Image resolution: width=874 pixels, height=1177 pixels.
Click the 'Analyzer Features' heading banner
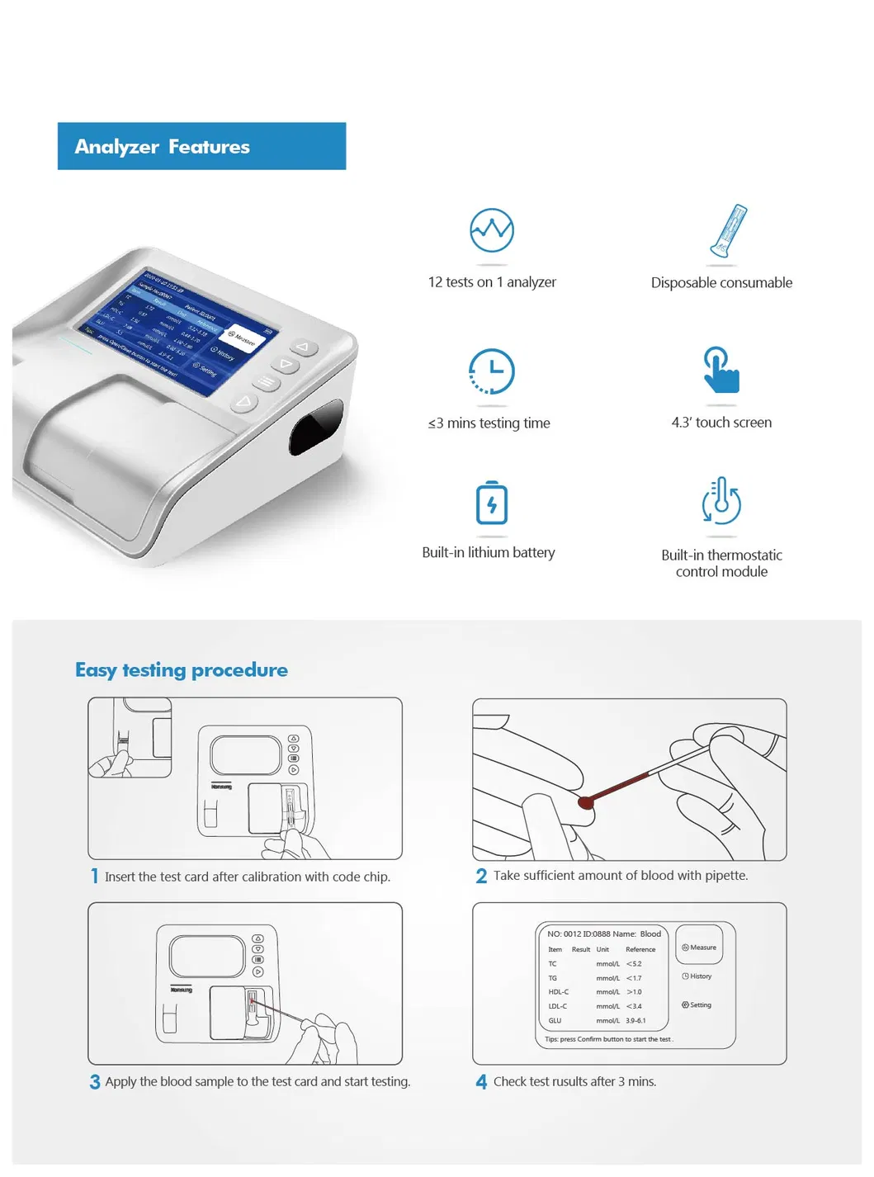pos(201,146)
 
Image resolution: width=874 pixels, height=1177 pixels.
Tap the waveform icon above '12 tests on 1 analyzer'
pos(492,230)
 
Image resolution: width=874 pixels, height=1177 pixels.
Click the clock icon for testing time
pos(492,371)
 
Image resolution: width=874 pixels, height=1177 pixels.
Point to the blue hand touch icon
pos(720,371)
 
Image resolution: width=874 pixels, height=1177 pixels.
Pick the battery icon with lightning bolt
pos(492,503)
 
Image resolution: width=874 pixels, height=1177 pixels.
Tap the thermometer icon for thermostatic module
pos(721,501)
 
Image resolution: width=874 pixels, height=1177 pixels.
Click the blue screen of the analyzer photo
pos(177,329)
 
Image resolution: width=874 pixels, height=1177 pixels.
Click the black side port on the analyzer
pos(315,427)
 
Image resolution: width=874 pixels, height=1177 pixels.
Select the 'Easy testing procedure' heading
pos(182,669)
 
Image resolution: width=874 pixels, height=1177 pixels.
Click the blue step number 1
pos(95,876)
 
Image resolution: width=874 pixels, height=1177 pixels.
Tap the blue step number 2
pos(481,876)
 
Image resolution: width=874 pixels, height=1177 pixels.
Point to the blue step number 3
pos(95,1081)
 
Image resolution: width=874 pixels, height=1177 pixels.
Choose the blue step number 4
pos(481,1081)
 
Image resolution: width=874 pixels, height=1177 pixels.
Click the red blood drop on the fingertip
pos(586,802)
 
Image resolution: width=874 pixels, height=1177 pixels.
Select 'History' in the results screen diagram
pos(697,976)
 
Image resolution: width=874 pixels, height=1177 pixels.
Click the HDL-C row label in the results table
pos(558,992)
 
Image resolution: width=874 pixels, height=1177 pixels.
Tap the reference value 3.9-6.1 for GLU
pos(635,1021)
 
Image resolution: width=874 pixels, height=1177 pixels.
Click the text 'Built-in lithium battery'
pos(489,552)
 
